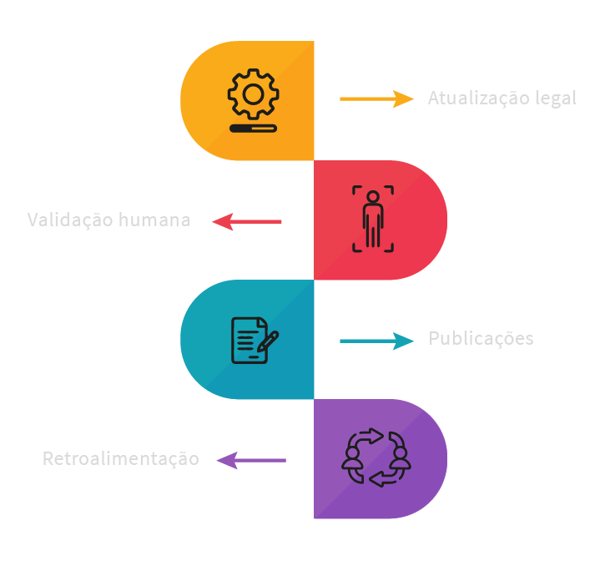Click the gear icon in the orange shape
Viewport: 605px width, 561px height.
253,93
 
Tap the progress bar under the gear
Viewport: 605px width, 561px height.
253,129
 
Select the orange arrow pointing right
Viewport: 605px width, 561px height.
376,99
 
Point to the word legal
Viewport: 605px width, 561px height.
556,99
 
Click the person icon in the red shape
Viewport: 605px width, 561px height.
372,219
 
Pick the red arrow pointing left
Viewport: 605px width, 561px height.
247,221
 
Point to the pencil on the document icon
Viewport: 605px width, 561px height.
268,341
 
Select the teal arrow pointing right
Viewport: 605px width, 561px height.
376,340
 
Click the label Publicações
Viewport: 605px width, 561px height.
481,339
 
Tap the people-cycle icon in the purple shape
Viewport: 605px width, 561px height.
376,458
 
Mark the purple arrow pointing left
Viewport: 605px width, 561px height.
251,460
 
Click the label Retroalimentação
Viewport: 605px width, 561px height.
121,459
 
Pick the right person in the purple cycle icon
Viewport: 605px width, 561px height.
401,456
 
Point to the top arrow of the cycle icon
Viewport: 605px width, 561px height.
371,436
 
